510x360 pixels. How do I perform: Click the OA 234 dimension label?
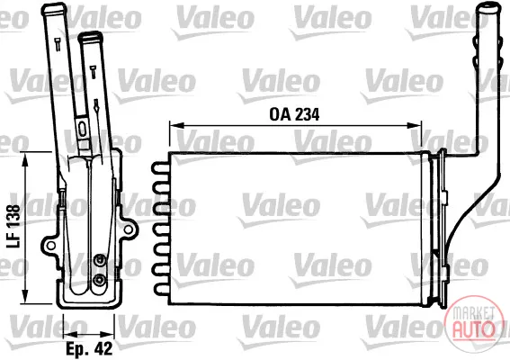coord(294,114)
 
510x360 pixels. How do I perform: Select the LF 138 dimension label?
coord(13,226)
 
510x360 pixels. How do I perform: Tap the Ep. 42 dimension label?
coord(89,348)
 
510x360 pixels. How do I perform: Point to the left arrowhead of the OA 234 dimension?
coord(176,125)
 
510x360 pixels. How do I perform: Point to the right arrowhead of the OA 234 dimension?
coord(415,125)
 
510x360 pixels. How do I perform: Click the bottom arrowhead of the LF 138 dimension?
coord(24,296)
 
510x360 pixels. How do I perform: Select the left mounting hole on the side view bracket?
coord(50,246)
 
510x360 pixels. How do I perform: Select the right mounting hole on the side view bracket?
coord(129,229)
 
